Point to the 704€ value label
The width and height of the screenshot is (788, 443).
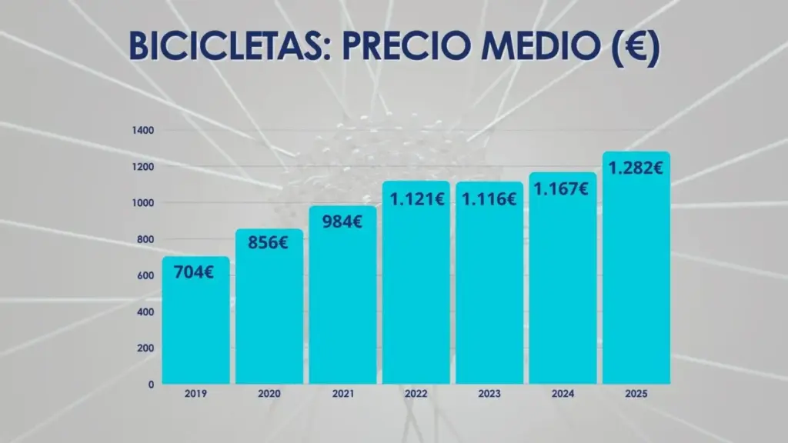194,271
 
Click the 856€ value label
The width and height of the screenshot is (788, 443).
268,242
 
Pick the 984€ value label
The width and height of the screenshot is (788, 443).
342,223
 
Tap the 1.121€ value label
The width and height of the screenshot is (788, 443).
416,198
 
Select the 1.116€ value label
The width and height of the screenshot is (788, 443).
489,199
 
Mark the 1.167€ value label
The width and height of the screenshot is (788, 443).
562,188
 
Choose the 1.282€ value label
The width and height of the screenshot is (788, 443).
636,167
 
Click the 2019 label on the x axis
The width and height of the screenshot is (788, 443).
195,394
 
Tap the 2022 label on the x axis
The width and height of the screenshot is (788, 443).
416,394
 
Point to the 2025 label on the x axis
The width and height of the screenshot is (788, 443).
636,394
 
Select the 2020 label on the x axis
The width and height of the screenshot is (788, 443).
269,394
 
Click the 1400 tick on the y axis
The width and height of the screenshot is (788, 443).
144,131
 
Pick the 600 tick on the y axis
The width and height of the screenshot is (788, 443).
146,275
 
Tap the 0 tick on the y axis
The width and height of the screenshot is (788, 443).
151,383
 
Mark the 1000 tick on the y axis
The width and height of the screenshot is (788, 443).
144,203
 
